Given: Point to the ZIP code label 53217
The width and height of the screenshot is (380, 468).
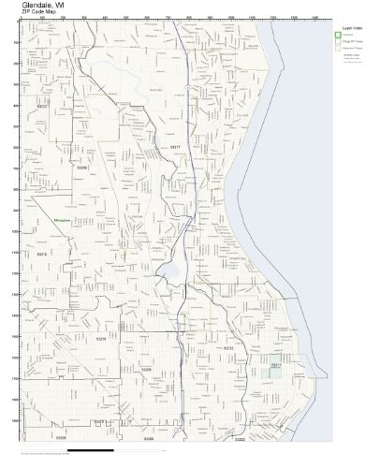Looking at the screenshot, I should [x=174, y=147].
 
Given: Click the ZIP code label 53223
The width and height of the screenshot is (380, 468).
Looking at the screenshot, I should [x=42, y=133].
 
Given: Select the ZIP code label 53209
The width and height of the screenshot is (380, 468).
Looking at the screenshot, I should [x=81, y=168].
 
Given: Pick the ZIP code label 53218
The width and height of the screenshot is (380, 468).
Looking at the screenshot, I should [x=41, y=253].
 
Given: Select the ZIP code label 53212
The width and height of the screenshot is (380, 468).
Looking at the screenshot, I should [x=227, y=347].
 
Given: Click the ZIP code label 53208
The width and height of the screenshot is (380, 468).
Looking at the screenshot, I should [x=60, y=436].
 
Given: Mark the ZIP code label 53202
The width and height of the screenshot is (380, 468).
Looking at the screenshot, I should [x=240, y=437].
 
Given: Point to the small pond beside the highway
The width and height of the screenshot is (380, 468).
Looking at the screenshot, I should [x=171, y=273].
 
